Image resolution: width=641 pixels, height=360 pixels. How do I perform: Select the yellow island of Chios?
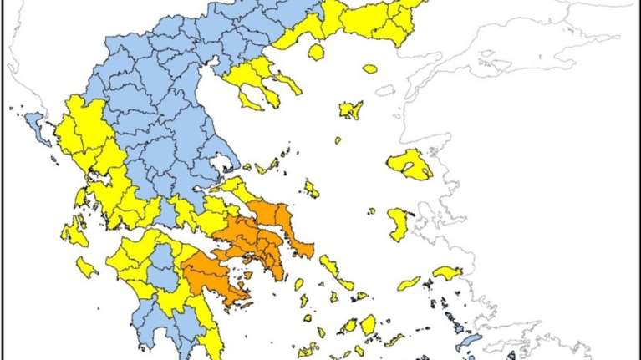(x=398, y=224)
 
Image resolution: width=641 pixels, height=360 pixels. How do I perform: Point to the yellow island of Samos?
(x=447, y=273)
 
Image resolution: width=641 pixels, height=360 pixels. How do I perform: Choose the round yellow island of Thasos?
(x=316, y=52)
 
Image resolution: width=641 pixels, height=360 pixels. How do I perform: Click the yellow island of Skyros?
(x=311, y=190)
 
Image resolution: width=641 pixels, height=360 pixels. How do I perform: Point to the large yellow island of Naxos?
(x=368, y=323)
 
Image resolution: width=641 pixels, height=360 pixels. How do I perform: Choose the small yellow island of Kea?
(x=298, y=285)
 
